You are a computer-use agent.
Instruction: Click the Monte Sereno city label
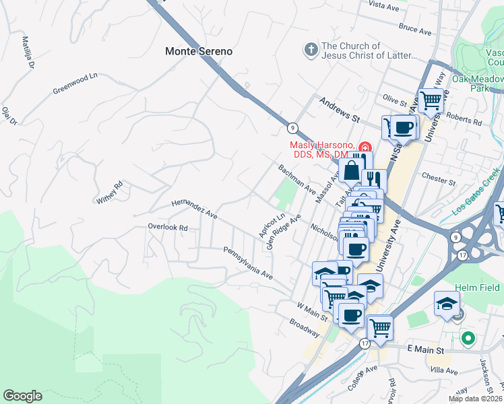pos(199,51)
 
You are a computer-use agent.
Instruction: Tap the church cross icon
pos(311,50)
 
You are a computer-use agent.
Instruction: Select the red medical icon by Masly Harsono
pos(365,147)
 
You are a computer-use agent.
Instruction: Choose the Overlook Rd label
pos(168,228)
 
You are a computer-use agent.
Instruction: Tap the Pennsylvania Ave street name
pos(248,263)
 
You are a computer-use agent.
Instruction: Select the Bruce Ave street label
pos(414,30)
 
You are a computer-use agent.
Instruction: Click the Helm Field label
pos(476,288)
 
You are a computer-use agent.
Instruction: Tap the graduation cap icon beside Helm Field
pos(447,303)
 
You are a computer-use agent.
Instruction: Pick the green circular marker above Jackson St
pos(466,337)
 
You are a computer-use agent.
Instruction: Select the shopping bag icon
pos(352,171)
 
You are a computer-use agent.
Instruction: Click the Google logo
pos(22,396)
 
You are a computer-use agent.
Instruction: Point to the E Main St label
pos(427,350)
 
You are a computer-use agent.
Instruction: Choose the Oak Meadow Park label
pos(478,83)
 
